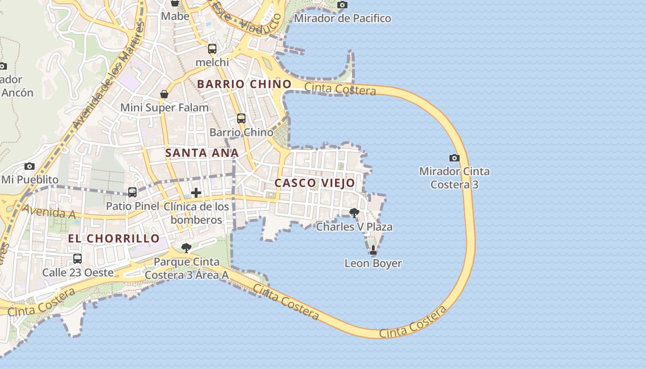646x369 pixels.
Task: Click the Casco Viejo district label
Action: pyautogui.click(x=315, y=183)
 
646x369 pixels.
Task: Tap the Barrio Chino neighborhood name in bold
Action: pyautogui.click(x=244, y=84)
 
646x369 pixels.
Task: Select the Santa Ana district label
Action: pyautogui.click(x=202, y=153)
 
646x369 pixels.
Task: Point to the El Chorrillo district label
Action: pyautogui.click(x=114, y=238)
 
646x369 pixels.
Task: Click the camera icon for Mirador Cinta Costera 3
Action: pyautogui.click(x=454, y=158)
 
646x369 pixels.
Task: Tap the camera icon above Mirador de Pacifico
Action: pyautogui.click(x=342, y=5)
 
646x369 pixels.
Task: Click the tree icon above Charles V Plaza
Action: pyautogui.click(x=354, y=213)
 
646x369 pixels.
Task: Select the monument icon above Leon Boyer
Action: pyautogui.click(x=373, y=250)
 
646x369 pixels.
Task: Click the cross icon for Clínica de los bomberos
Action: pyautogui.click(x=196, y=192)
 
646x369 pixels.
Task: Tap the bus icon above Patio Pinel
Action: pyautogui.click(x=132, y=192)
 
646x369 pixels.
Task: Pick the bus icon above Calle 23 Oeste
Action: pyautogui.click(x=78, y=259)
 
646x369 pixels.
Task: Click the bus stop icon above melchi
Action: pyautogui.click(x=212, y=49)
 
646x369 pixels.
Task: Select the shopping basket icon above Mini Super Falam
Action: pyautogui.click(x=164, y=94)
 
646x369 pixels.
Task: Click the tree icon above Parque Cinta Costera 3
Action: pyautogui.click(x=186, y=248)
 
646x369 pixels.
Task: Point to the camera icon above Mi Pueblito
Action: pyautogui.click(x=30, y=166)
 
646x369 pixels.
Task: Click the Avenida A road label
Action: pyautogui.click(x=48, y=212)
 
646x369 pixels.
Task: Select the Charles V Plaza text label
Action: pyautogui.click(x=354, y=227)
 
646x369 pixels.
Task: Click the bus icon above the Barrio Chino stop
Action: pyautogui.click(x=241, y=119)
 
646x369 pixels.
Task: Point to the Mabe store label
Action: pyautogui.click(x=175, y=16)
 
